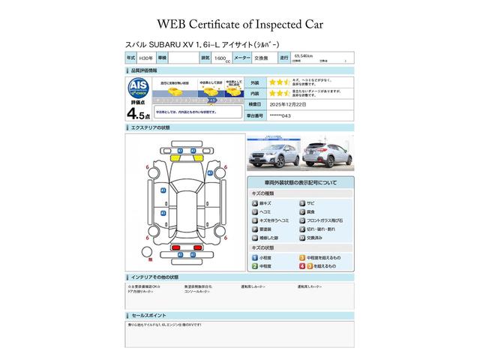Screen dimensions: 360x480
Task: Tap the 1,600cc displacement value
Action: click(x=222, y=58)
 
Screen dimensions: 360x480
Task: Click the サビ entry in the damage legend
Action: click(x=310, y=203)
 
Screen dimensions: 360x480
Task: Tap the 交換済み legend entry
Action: click(x=316, y=238)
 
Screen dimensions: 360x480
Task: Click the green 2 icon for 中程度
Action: click(x=255, y=266)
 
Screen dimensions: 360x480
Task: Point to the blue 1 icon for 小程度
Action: click(x=255, y=257)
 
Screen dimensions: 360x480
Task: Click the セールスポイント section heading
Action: click(x=151, y=316)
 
